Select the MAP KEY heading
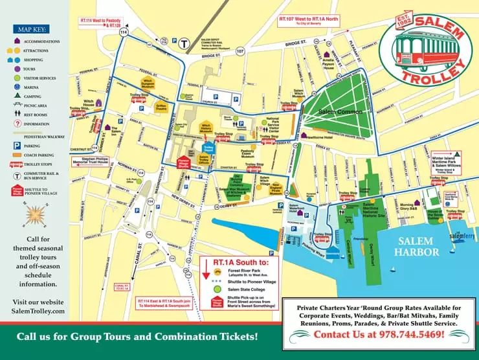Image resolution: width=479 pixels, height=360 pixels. click(x=33, y=30)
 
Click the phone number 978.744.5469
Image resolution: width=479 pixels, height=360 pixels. click(x=379, y=334)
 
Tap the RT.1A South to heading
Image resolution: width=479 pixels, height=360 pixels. click(x=240, y=262)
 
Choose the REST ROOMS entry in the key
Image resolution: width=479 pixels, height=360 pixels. click(x=40, y=113)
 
